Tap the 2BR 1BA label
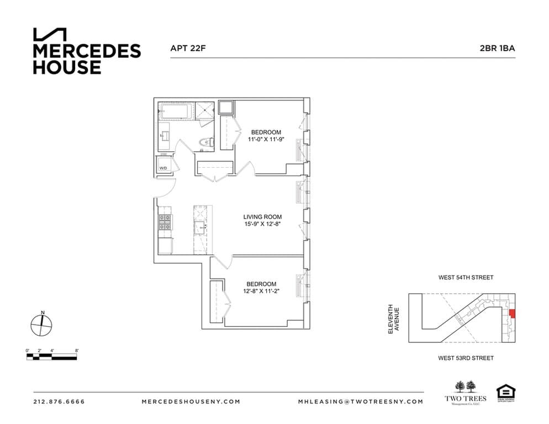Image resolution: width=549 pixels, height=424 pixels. [497, 48]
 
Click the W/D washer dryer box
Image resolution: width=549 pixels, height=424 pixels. [164, 167]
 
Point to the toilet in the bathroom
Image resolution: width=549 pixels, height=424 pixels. [205, 143]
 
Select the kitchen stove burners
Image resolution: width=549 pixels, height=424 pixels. [165, 222]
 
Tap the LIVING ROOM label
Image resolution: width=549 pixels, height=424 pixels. [262, 217]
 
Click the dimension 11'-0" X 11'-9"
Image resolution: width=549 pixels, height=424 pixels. [266, 140]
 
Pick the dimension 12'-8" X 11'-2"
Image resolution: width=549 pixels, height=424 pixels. [261, 291]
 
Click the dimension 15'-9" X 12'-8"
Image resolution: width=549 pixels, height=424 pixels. [262, 225]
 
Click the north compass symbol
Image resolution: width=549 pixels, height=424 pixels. [41, 325]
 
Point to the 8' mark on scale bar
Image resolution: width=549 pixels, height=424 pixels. [77, 351]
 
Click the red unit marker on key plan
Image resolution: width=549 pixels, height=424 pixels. [512, 314]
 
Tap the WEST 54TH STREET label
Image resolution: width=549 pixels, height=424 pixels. [466, 278]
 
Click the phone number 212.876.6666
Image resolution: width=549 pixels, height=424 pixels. [59, 401]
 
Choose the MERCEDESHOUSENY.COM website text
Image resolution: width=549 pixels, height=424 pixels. [191, 401]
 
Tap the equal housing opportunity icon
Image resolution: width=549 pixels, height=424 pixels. [505, 394]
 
